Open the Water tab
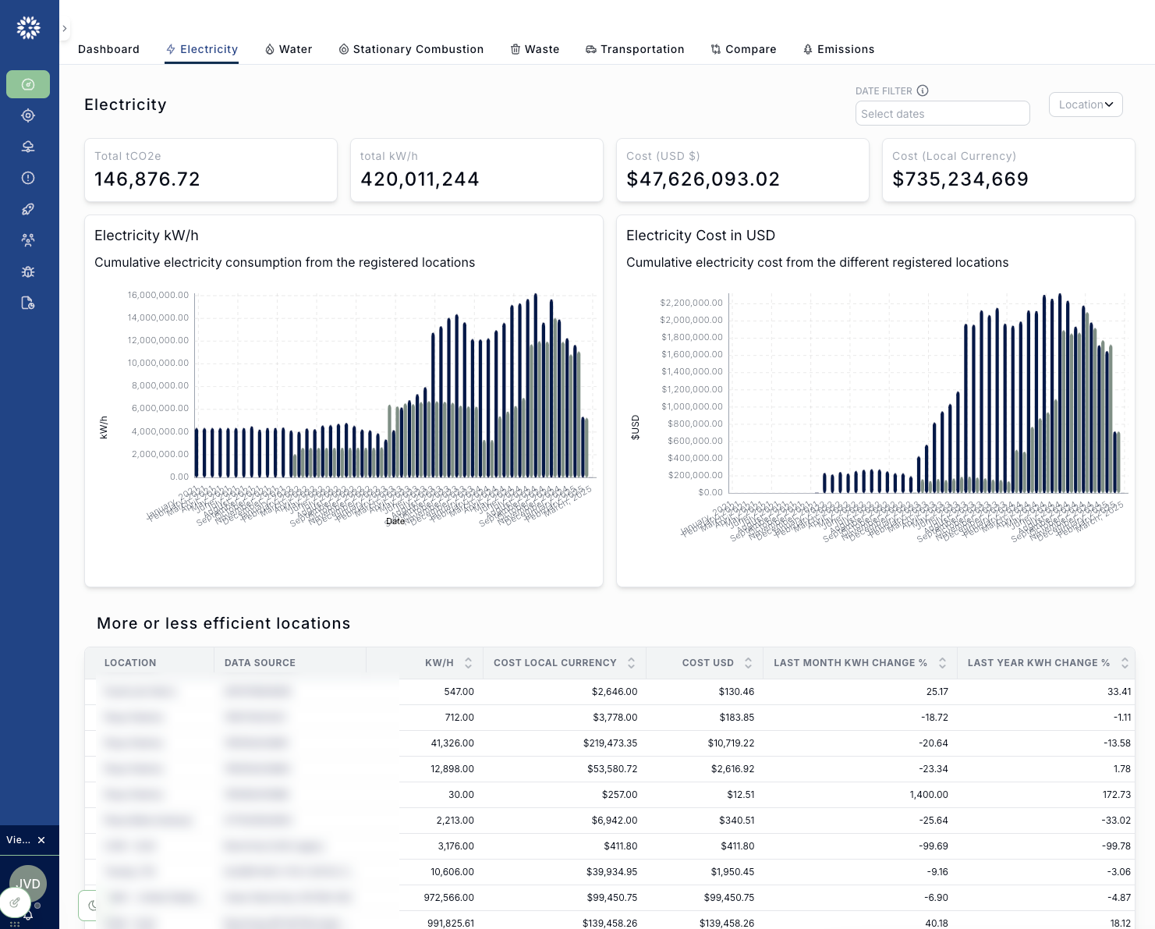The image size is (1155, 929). click(x=289, y=49)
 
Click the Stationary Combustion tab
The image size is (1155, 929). click(x=411, y=49)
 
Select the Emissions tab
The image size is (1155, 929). click(x=838, y=49)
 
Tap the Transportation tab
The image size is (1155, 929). click(x=635, y=49)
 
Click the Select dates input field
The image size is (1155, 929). click(x=941, y=114)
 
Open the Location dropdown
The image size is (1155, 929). click(x=1085, y=105)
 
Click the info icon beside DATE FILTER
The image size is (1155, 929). click(x=923, y=90)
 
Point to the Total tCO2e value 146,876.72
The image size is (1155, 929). click(x=147, y=179)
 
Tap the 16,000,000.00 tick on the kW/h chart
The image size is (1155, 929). click(x=158, y=295)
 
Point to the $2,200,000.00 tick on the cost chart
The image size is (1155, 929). click(x=691, y=303)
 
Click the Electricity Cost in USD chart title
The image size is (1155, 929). click(x=700, y=236)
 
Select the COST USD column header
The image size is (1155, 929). click(x=707, y=663)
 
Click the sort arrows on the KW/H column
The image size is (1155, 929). click(x=468, y=663)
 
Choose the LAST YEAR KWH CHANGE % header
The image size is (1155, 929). click(x=1038, y=663)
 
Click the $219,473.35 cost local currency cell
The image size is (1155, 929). click(x=610, y=743)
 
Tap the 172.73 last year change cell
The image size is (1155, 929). click(x=1118, y=795)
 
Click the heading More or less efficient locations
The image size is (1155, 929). click(x=224, y=623)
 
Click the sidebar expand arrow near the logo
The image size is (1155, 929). click(x=65, y=29)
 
